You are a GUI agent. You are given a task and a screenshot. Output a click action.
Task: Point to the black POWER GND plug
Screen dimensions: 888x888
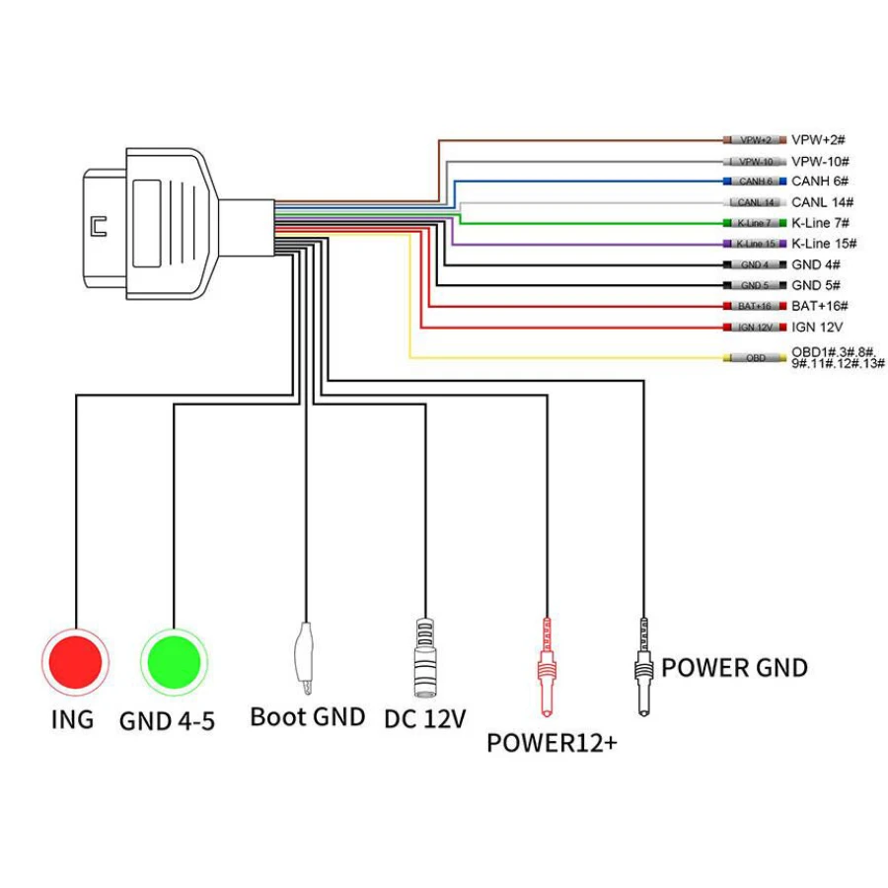(x=644, y=666)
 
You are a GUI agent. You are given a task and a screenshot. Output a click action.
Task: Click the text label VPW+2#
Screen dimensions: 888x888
(x=821, y=140)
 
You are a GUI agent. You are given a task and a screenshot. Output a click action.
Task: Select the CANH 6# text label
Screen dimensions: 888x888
(x=820, y=182)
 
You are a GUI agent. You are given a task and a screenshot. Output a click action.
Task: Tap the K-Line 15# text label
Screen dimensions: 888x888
(x=824, y=244)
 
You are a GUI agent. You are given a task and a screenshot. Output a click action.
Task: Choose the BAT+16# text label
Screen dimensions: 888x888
(x=820, y=306)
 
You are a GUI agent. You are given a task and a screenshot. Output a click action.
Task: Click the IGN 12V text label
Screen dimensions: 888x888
(x=816, y=327)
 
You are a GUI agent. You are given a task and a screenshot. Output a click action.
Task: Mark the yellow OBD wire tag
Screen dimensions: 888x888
(x=756, y=357)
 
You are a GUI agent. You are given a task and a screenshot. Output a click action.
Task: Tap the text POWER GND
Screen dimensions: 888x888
(x=734, y=668)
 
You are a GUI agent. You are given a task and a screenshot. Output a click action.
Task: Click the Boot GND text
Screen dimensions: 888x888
(x=307, y=716)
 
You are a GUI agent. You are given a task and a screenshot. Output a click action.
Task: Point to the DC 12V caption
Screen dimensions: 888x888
(x=424, y=719)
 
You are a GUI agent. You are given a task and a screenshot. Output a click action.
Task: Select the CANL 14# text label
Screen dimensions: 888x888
(x=821, y=202)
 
